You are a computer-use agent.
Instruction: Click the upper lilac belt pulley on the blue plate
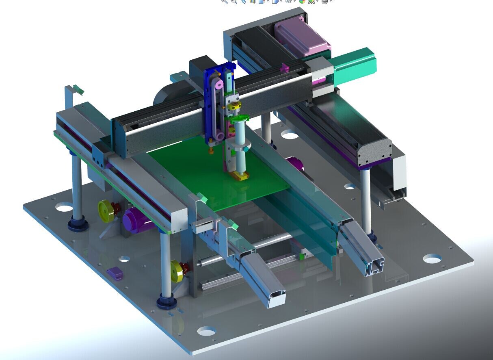pyautogui.click(x=219, y=85)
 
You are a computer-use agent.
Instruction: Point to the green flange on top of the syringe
pyautogui.click(x=239, y=119)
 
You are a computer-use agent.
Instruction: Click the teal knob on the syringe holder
pyautogui.click(x=246, y=150)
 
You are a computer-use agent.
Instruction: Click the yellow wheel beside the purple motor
pyautogui.click(x=106, y=211)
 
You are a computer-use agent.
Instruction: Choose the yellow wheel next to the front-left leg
pyautogui.click(x=177, y=269)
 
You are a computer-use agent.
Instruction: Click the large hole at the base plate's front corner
pyautogui.click(x=206, y=331)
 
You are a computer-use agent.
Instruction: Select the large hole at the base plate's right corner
pyautogui.click(x=432, y=258)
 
